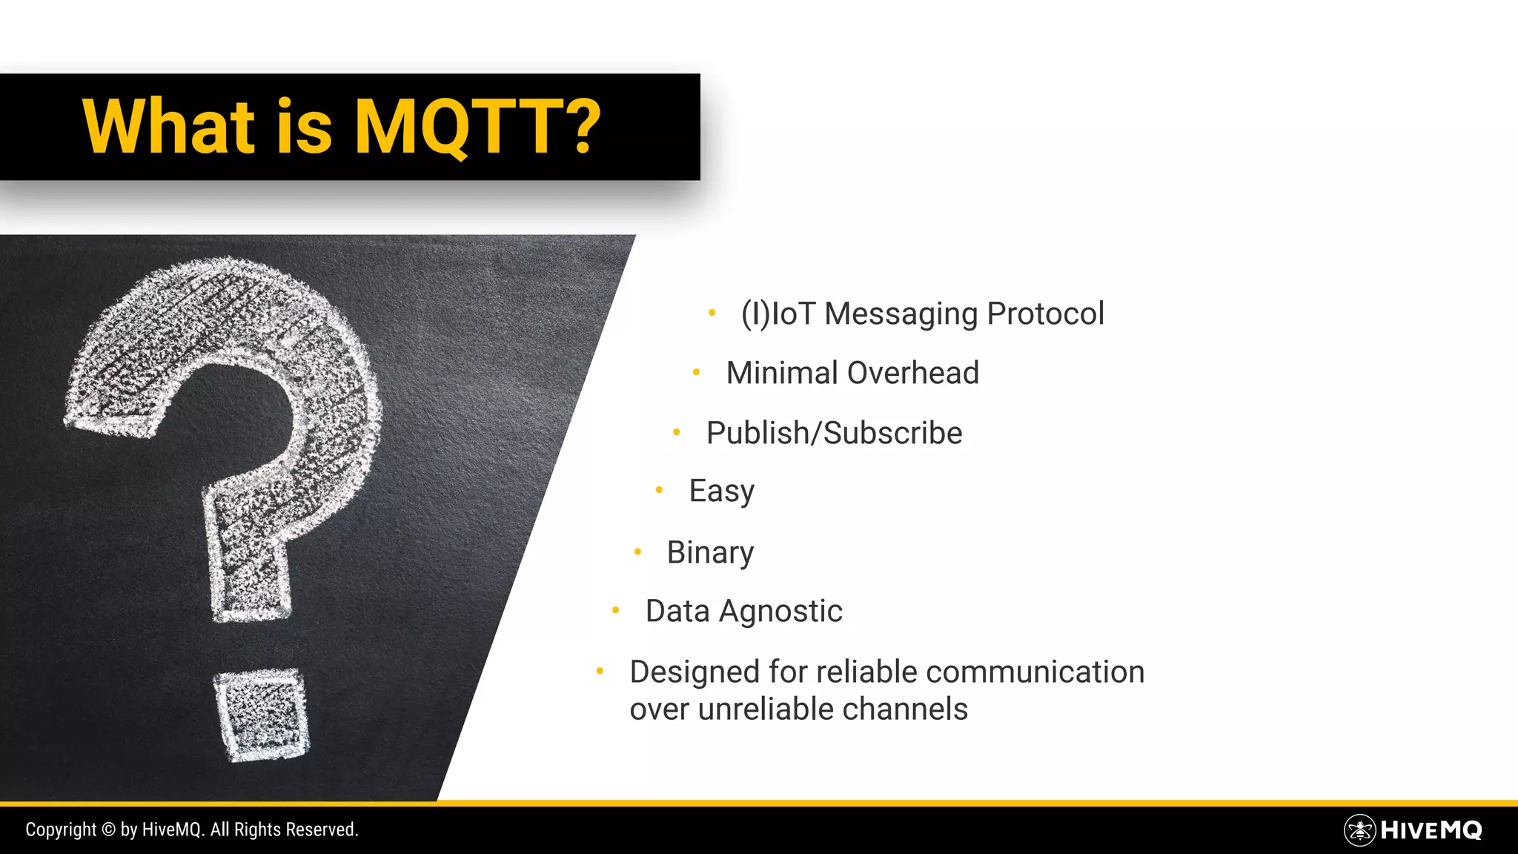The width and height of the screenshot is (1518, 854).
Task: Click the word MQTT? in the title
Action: click(477, 127)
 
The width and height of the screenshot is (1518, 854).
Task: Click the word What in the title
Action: click(169, 127)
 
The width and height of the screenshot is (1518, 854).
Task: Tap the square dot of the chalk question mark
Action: click(262, 715)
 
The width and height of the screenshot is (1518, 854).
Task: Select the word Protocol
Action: click(1045, 314)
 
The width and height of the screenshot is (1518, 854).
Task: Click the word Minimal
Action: click(782, 373)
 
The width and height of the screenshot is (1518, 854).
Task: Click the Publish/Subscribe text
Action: click(834, 433)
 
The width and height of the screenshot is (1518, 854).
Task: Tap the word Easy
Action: click(721, 491)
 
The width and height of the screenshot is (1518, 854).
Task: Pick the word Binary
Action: click(710, 553)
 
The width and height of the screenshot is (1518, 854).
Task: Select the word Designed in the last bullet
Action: click(695, 672)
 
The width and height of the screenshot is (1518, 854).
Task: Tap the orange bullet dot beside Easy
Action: click(659, 489)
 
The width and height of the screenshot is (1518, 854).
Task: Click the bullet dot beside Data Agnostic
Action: click(615, 610)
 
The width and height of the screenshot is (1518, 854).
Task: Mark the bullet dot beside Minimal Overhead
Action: click(696, 371)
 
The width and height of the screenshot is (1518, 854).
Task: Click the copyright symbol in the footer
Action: click(108, 830)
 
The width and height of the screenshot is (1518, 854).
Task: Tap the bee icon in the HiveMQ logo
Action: click(1359, 830)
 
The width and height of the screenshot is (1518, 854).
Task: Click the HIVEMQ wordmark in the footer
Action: click(1431, 830)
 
